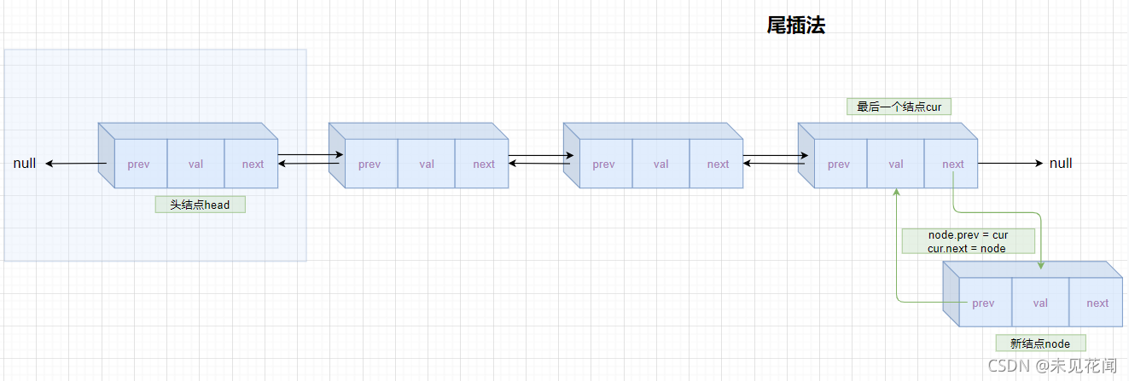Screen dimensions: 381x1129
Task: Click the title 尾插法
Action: point(795,26)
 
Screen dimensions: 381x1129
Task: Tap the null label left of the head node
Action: point(25,163)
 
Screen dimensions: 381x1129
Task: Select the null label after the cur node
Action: point(1061,163)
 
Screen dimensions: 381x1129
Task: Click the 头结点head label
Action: point(200,205)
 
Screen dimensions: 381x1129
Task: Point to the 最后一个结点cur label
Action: point(898,107)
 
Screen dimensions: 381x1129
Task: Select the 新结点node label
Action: point(1040,343)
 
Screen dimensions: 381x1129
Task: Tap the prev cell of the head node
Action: point(138,164)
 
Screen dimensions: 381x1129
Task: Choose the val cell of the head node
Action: point(195,164)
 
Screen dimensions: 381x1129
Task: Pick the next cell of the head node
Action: point(253,164)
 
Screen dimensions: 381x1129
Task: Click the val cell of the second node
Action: point(427,164)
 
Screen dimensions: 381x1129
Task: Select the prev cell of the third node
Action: point(603,164)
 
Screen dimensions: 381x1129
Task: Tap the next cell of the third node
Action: point(718,164)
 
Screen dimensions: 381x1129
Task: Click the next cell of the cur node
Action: point(952,164)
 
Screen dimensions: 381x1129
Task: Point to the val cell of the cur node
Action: point(895,164)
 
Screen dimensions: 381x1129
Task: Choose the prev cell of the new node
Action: point(983,303)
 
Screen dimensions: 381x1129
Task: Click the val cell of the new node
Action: point(1040,303)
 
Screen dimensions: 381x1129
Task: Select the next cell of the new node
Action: point(1097,303)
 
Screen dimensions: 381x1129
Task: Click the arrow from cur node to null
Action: point(1010,163)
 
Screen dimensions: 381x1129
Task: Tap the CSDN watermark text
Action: point(1051,366)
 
